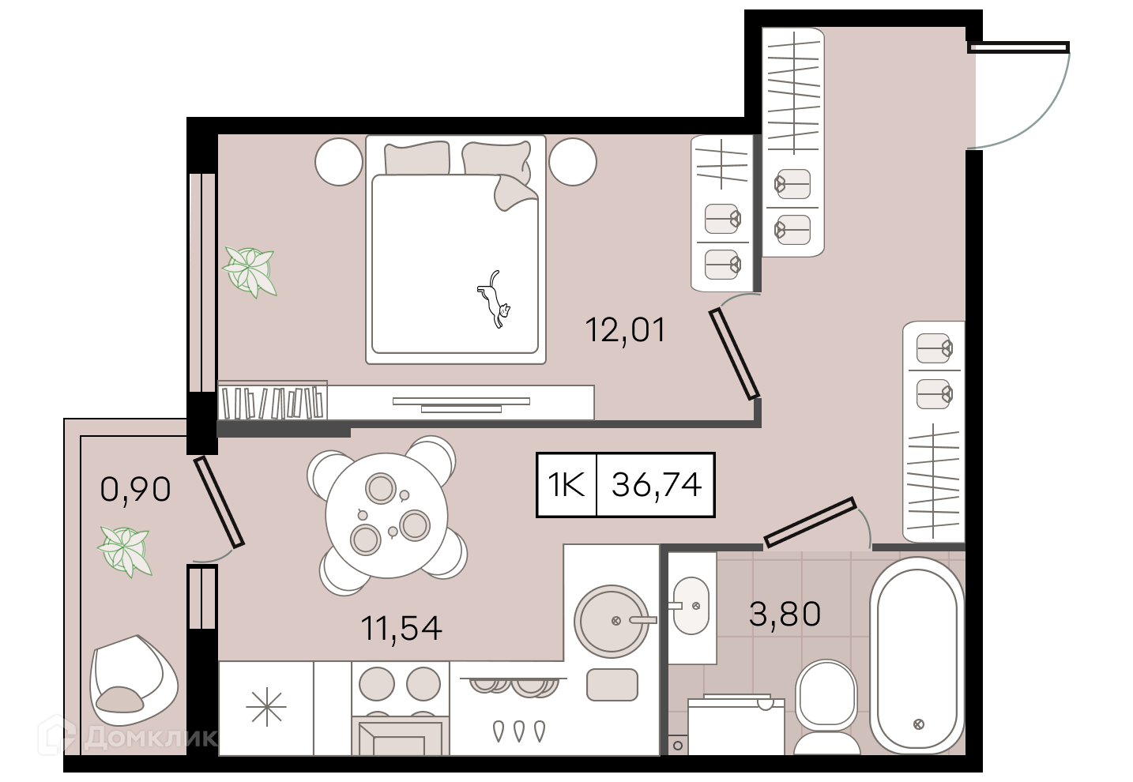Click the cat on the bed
(x=494, y=300)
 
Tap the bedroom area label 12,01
(x=625, y=330)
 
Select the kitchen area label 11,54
(x=401, y=628)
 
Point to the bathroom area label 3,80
(x=785, y=614)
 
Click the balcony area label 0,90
(x=136, y=490)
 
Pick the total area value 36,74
(x=657, y=485)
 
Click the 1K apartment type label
(x=566, y=484)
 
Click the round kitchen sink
(x=612, y=621)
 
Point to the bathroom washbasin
(x=691, y=606)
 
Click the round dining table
(x=386, y=515)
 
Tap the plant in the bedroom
(x=250, y=271)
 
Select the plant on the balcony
(x=125, y=551)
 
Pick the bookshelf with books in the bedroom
(x=273, y=400)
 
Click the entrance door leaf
(x=1018, y=47)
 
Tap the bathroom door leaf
(x=810, y=522)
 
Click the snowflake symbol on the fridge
(x=266, y=707)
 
